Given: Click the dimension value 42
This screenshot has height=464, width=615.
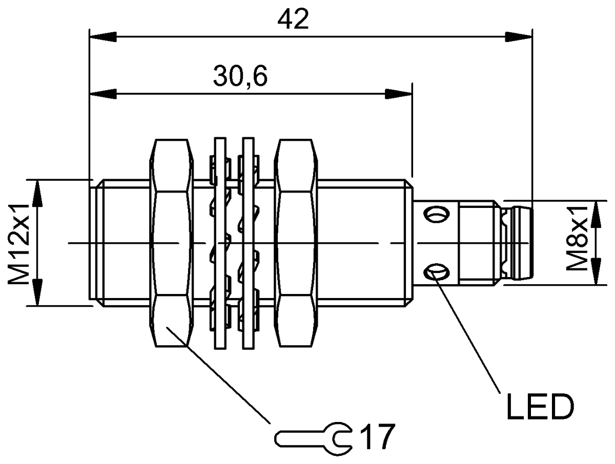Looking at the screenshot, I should [x=293, y=19].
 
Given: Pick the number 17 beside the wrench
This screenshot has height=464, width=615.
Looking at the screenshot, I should [x=378, y=437].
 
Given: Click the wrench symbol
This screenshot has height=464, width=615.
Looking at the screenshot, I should [x=313, y=438].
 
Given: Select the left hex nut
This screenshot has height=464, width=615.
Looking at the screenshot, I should [x=172, y=243].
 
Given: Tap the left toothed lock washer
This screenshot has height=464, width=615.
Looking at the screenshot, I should [x=220, y=243].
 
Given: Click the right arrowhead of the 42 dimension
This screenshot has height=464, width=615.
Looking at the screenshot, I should [x=519, y=37].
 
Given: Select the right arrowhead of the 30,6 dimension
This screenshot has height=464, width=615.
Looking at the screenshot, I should [x=399, y=94].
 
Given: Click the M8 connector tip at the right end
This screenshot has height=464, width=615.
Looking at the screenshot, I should [x=521, y=243].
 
